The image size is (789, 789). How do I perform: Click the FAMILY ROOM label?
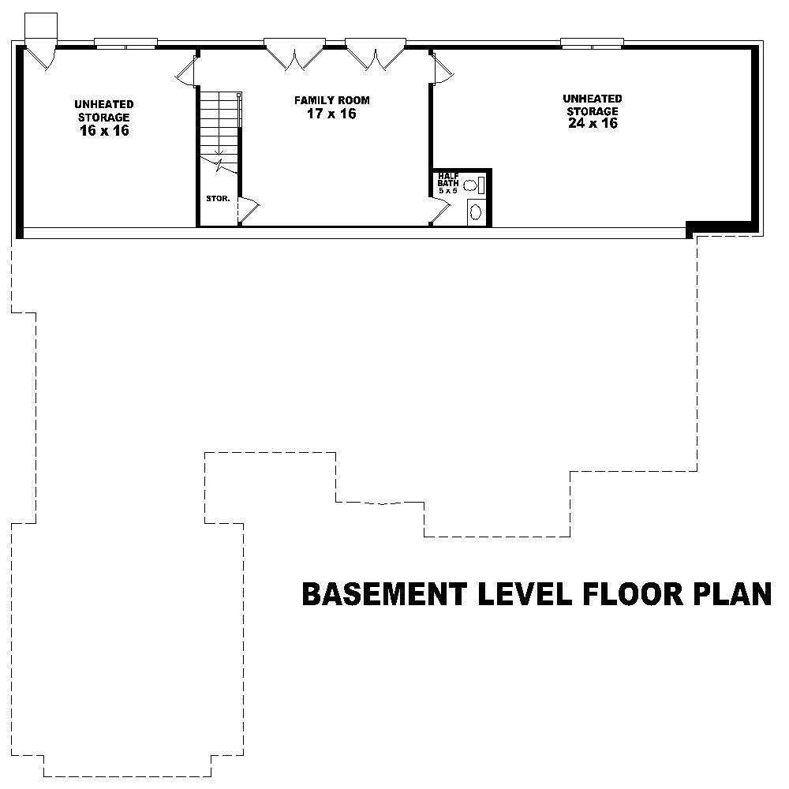point(331,101)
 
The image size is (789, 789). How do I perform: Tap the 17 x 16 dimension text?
point(331,114)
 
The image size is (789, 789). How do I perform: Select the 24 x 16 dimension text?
point(593,123)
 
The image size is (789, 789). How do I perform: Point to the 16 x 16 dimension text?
point(104,131)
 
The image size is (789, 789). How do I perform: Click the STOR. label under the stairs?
point(218,199)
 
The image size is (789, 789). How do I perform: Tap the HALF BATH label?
point(448,181)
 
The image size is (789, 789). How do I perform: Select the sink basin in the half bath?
point(476,211)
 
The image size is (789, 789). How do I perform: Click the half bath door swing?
point(440,211)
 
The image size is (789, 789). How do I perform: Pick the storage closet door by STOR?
point(249,208)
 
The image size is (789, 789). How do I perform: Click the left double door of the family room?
point(294,53)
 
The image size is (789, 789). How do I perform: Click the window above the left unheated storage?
point(126,43)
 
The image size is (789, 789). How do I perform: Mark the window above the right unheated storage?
point(592,43)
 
